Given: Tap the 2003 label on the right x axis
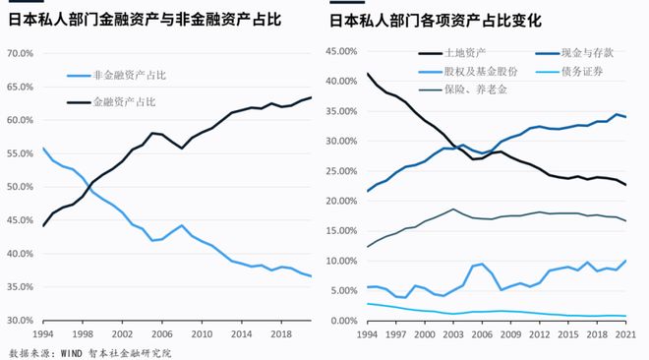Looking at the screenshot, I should (452, 334).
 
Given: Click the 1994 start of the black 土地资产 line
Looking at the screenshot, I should (367, 74).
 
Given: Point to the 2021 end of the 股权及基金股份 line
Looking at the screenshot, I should (626, 261).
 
